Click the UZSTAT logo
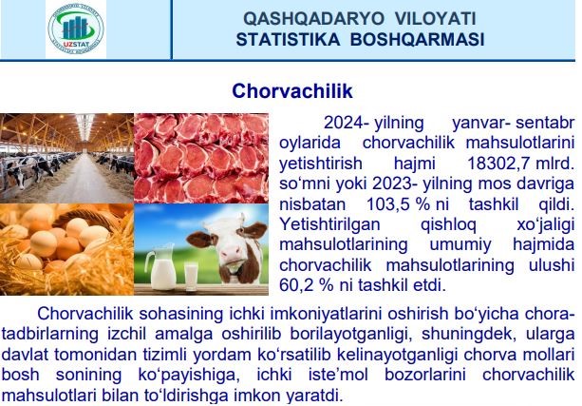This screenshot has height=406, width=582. pos(76,29)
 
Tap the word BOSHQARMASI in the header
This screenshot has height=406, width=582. pos(417,39)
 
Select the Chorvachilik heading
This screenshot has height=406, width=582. pos(292,91)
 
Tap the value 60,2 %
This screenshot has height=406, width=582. pos(307,285)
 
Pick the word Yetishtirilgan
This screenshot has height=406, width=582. pos(329,224)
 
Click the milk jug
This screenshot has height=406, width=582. pos(160,265)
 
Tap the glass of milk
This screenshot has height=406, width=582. pos(191,276)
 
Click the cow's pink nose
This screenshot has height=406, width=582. pos(231,253)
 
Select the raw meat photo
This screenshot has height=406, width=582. pos(201,158)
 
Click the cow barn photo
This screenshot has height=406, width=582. pos(66,158)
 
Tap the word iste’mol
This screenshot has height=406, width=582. pos(338,375)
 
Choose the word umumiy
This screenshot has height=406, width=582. pos(460,244)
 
